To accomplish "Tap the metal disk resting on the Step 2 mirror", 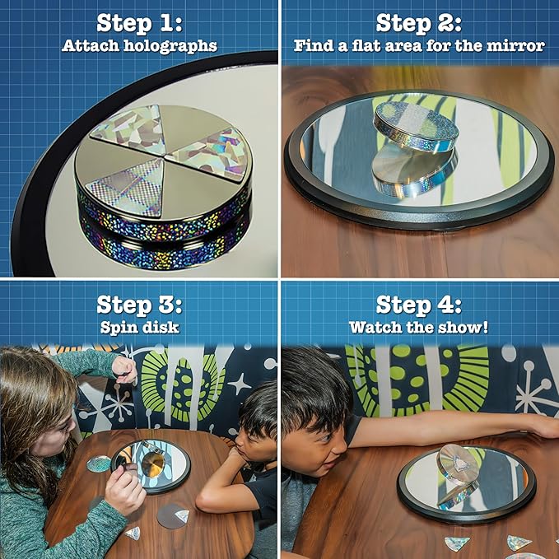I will pyautogui.click(x=416, y=124).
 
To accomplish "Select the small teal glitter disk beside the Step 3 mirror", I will pyautogui.click(x=99, y=464).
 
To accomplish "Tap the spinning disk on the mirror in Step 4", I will pyautogui.click(x=459, y=464).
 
